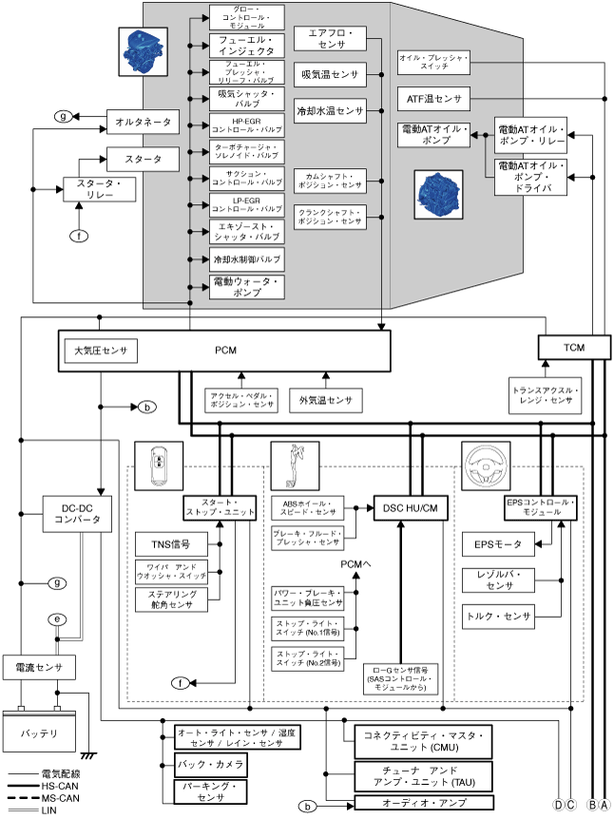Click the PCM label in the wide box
225,351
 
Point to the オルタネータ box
143,122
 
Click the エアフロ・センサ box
330,39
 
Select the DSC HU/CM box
411,507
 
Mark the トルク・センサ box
497,616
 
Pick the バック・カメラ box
210,764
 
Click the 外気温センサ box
325,401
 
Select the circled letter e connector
58,619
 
